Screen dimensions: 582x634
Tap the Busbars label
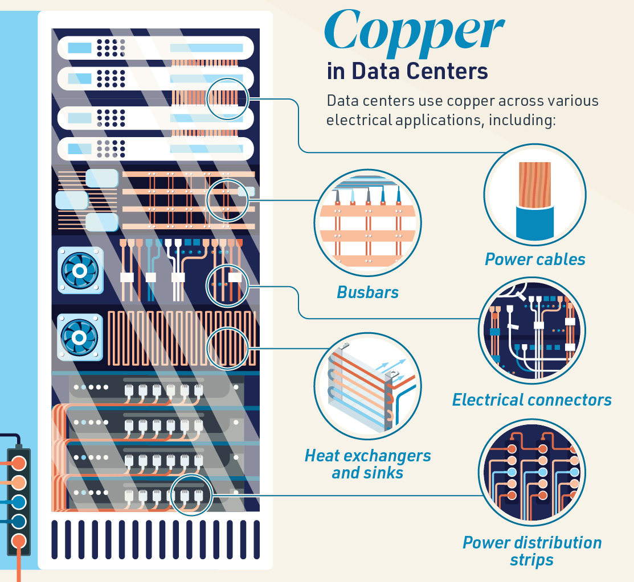[x=367, y=292]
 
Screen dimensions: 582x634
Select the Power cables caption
[x=535, y=259]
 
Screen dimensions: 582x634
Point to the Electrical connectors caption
[x=531, y=400]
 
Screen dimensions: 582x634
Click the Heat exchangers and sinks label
[x=367, y=464]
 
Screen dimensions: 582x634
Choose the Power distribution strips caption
[x=531, y=551]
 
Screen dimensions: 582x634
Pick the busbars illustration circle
[x=367, y=223]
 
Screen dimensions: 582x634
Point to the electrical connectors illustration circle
[x=532, y=331]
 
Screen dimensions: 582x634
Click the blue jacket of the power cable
[x=534, y=222]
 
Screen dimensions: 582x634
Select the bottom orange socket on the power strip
[x=18, y=540]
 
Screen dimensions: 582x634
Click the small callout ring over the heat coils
[x=228, y=348]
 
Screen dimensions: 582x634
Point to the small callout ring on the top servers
[x=228, y=98]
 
